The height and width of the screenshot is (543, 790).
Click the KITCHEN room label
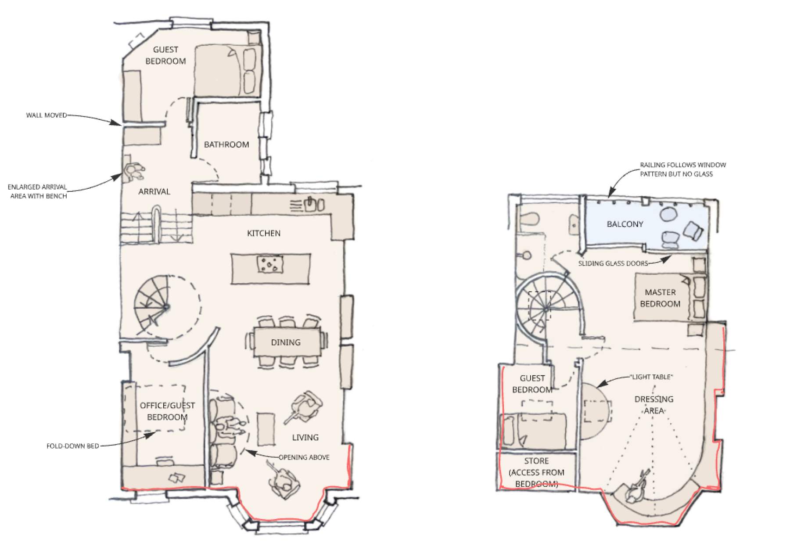point(263,233)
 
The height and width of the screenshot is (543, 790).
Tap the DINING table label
point(286,342)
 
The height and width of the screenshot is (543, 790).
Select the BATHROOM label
point(226,144)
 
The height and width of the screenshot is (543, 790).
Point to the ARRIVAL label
point(154,191)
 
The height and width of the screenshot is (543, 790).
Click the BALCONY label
point(625,224)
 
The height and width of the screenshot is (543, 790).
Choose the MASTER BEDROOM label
point(660,298)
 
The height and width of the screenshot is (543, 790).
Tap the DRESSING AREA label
point(654,405)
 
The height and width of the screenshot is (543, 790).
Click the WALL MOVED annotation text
point(47,115)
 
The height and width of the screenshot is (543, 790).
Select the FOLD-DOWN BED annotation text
point(73,446)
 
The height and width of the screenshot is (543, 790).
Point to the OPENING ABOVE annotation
point(304,457)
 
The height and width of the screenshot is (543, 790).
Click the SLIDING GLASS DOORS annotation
point(613,263)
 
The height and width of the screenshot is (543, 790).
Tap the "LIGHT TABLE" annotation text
point(651,377)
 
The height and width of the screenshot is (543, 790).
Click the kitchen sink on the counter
point(314,204)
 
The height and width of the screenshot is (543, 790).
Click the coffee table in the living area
point(266,428)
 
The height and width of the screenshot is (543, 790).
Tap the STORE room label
point(536,461)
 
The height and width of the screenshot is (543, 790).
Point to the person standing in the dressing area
point(636,489)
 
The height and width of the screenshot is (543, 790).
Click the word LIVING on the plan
point(305,437)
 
